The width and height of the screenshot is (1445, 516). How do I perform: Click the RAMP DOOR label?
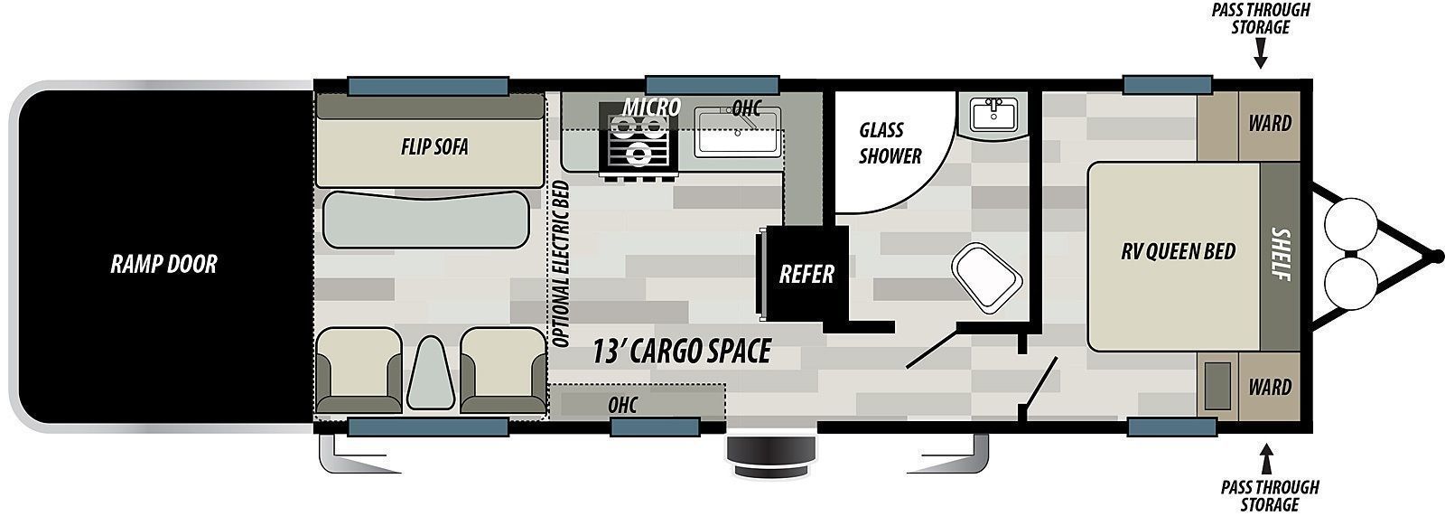[163, 264]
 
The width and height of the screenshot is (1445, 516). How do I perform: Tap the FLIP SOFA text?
[434, 146]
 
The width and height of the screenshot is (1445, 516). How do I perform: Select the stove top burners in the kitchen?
[639, 139]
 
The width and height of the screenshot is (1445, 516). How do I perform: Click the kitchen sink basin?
[737, 133]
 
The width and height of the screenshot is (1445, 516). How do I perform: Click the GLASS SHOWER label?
[890, 143]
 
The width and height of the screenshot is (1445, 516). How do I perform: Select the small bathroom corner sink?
[994, 115]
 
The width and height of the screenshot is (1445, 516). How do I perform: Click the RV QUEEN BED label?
[1178, 251]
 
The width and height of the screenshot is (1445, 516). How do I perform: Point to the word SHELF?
[1281, 254]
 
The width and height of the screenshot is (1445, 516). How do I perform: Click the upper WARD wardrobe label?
[1270, 123]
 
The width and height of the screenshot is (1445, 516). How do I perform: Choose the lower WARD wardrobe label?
[1270, 388]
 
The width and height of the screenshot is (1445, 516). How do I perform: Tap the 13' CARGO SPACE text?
[682, 352]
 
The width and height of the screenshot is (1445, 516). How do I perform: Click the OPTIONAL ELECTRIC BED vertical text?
[561, 264]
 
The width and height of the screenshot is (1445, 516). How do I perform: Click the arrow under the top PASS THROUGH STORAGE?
[1261, 54]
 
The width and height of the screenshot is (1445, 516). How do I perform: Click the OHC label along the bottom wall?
[622, 405]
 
